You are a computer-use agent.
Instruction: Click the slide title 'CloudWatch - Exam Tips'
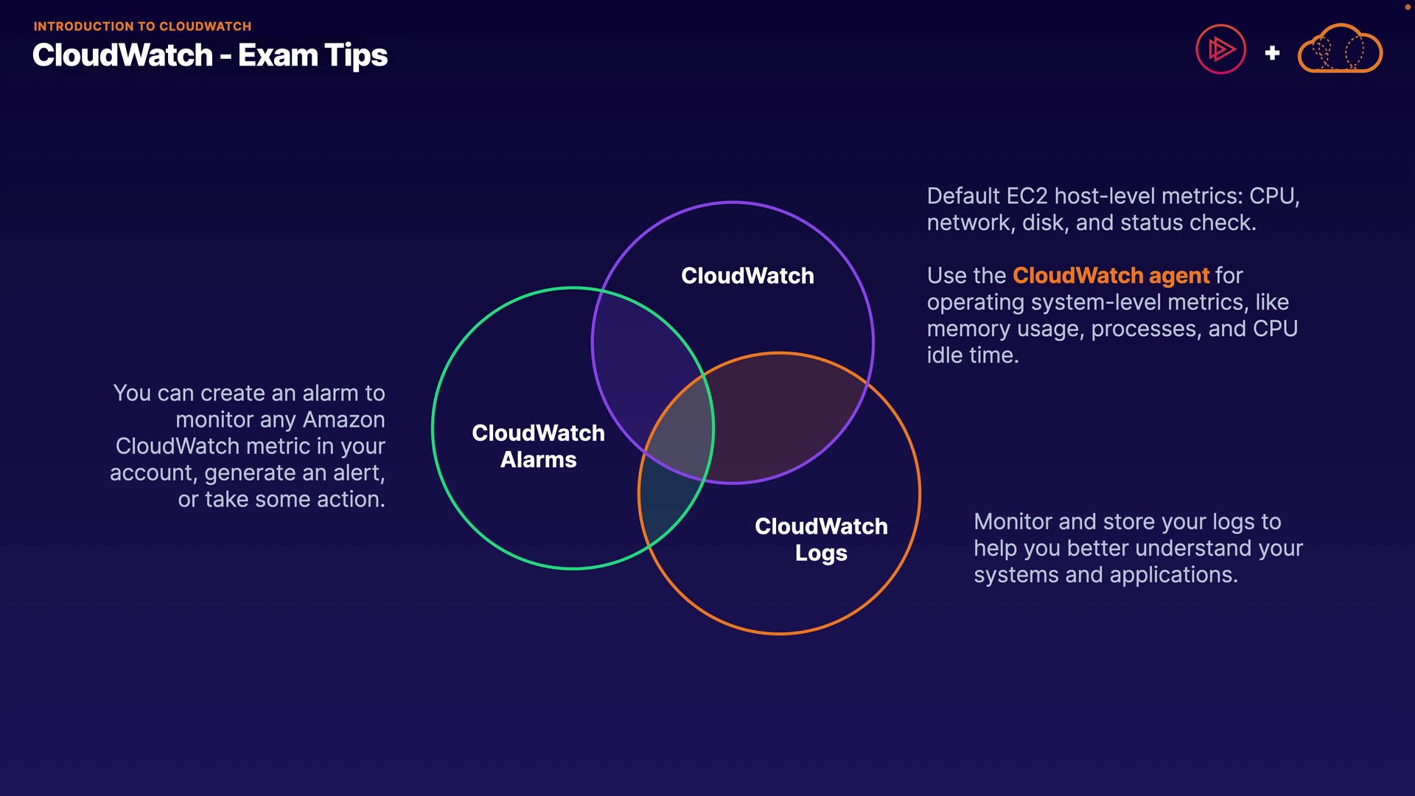click(x=210, y=55)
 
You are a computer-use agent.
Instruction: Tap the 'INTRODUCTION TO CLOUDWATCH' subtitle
click(x=142, y=27)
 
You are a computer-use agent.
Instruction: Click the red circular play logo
click(x=1220, y=49)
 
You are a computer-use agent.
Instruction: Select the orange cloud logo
click(x=1340, y=49)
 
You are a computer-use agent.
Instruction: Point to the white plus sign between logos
click(x=1272, y=53)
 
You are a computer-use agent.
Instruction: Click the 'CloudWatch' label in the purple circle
click(x=747, y=276)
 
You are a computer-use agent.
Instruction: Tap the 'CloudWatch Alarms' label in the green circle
click(x=538, y=446)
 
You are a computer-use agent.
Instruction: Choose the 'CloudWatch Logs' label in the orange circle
click(x=821, y=540)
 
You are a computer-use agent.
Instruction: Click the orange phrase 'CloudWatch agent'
click(x=1111, y=276)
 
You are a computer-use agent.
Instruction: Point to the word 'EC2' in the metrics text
click(x=1027, y=196)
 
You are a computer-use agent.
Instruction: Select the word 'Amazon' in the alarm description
click(x=344, y=420)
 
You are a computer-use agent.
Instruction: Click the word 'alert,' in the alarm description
click(x=357, y=473)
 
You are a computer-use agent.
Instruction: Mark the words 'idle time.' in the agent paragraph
click(x=972, y=355)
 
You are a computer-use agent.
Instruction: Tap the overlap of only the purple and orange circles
click(x=781, y=420)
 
